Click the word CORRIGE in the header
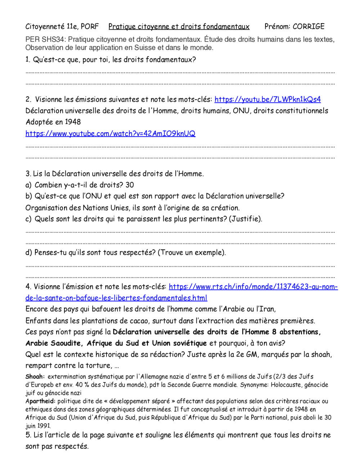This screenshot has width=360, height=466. (309, 26)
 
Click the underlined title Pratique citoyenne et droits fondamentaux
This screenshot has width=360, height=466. (179, 26)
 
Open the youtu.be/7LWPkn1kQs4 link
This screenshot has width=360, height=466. (267, 99)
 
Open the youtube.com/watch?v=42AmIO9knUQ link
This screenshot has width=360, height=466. (110, 134)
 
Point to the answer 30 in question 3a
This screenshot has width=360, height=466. (130, 185)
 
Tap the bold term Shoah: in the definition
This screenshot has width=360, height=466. (35, 377)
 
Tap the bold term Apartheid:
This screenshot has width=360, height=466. (40, 401)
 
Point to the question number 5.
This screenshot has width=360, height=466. (28, 435)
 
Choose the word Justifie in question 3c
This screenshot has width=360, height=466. (246, 219)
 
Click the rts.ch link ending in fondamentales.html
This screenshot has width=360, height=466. (116, 298)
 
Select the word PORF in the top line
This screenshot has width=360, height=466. (90, 26)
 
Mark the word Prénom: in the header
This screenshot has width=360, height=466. (277, 26)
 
